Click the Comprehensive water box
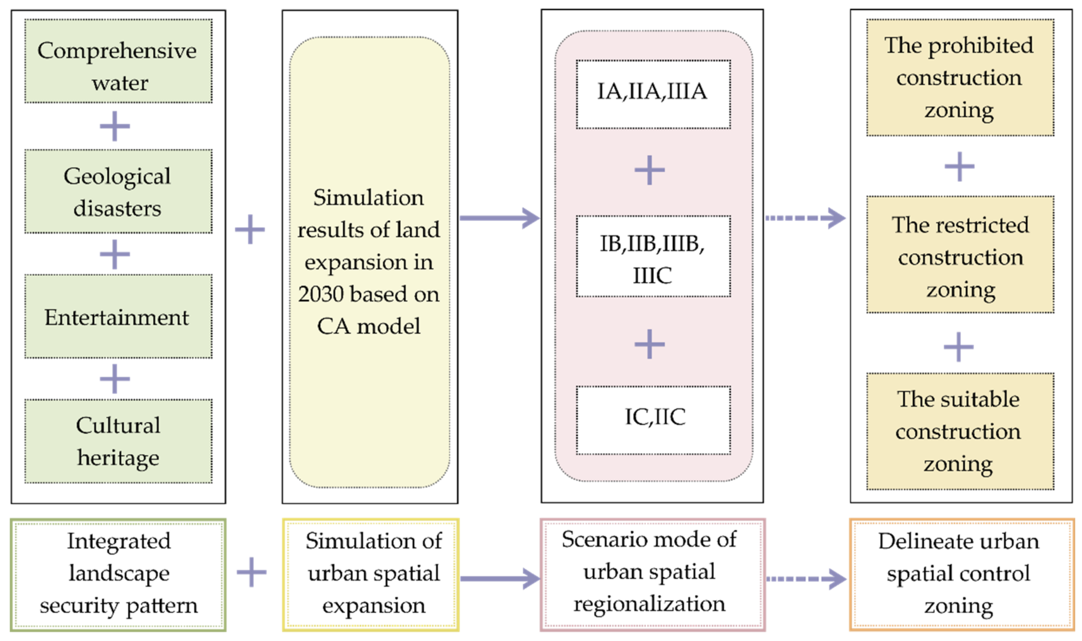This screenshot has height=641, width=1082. pos(118,61)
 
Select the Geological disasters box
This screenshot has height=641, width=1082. pos(118,191)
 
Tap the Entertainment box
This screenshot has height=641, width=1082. pos(118,317)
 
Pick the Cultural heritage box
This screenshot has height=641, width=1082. pos(118,441)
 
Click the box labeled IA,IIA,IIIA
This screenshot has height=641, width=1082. pos(653,94)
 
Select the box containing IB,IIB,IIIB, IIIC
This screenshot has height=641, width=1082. pos(653,256)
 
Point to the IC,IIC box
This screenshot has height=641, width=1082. pos(653,420)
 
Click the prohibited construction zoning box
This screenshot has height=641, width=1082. pos(960,77)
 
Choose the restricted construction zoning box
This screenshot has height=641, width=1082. pos(960,255)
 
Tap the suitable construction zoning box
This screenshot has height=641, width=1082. pos(960,431)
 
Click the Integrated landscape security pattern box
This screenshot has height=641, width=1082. pos(118,575)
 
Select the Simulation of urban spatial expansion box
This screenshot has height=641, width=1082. pos(370,575)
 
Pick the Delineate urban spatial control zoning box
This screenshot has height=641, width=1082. pos(962,575)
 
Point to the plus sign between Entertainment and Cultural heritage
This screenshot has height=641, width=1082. pos(114,379)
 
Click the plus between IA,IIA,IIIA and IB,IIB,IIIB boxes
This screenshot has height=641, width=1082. pos(649,170)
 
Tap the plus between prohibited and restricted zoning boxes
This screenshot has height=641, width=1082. pos(959,166)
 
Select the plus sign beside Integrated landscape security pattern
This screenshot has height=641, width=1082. pos(251,572)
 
